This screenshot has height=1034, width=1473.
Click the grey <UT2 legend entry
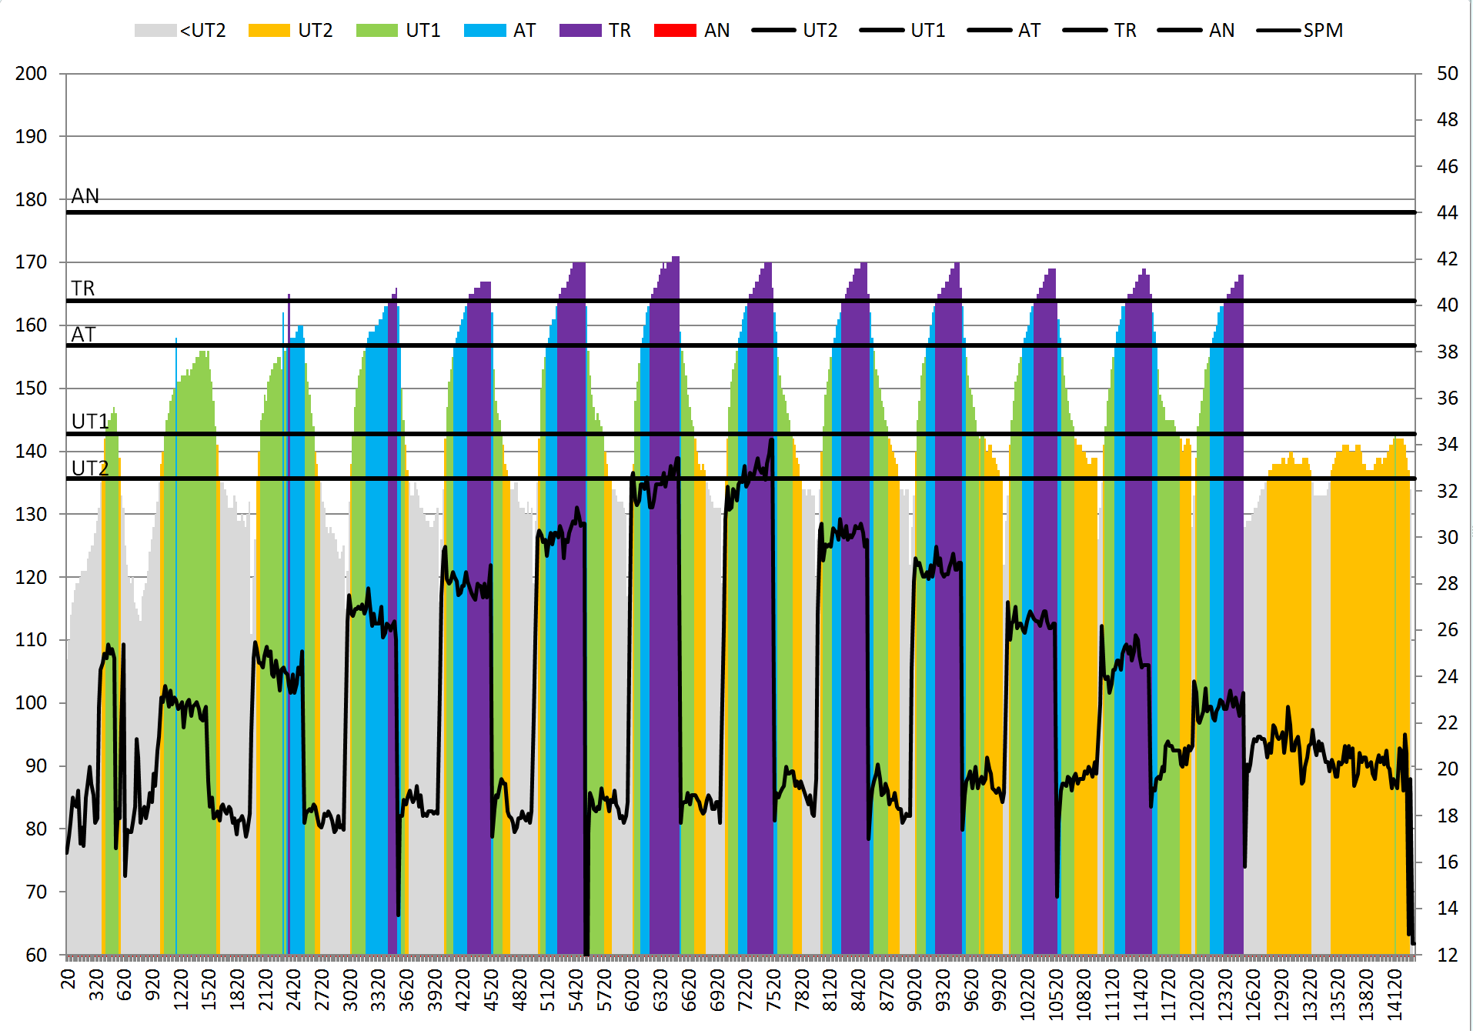point(180,31)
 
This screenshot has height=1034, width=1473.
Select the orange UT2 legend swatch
point(269,31)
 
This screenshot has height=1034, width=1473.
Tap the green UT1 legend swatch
point(376,31)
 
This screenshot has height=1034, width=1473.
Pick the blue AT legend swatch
point(484,31)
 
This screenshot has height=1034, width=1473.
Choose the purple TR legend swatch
point(580,31)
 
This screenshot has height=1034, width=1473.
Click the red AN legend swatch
point(675,31)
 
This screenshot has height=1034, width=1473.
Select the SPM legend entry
point(1300,31)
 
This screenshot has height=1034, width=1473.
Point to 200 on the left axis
point(32,74)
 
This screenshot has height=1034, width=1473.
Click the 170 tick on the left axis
point(32,262)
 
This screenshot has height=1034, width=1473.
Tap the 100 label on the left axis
point(32,703)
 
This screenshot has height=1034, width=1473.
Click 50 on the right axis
point(1447,74)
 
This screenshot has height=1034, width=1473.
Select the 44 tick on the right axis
point(1447,213)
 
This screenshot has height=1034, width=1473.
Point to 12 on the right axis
point(1447,955)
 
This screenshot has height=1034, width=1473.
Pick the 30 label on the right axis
point(1447,538)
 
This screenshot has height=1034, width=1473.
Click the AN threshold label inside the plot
point(85,197)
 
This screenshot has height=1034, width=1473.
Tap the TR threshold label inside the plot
point(83,289)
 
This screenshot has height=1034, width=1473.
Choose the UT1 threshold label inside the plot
point(90,422)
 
